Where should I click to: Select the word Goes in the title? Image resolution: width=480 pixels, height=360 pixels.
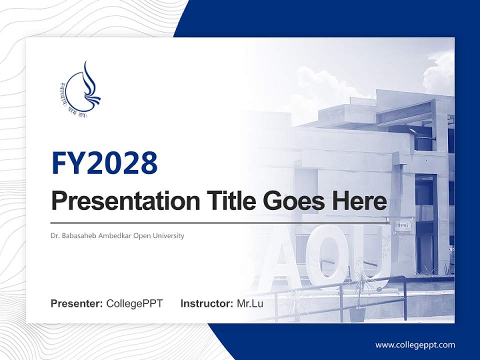291,201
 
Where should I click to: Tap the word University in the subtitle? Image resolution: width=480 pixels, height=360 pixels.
168,235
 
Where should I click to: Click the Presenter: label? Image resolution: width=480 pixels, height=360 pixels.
77,303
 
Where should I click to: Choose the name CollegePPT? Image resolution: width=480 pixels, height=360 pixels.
134,303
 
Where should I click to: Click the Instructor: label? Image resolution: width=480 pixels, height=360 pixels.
206,303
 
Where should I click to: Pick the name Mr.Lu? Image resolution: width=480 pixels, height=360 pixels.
250,303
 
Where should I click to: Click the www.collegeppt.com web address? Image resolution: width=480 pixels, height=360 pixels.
415,344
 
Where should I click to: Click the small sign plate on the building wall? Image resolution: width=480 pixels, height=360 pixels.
402,225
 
